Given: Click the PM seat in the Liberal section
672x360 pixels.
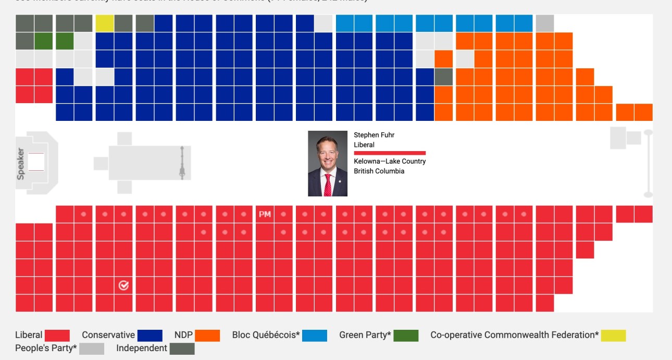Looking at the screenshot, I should pos(265,214).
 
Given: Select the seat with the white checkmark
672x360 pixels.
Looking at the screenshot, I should pos(123,285).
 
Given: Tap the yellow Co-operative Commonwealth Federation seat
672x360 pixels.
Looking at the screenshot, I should pos(104,23).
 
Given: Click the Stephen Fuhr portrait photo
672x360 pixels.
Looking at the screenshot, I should pos(328,164).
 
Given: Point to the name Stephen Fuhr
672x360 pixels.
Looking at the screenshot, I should pos(374,135).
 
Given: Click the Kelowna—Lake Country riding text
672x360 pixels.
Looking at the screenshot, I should pos(390,162).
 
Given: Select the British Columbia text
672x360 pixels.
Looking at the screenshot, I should pos(379,171).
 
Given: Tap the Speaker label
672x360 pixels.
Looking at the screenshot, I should pos(21,164).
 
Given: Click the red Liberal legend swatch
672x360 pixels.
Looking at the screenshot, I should pos(57,336).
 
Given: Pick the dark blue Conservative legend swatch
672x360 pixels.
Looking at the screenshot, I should pos(150,336).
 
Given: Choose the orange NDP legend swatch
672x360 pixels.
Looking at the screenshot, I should pos(207,336).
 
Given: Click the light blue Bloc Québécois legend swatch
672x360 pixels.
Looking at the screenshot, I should pos(315,336).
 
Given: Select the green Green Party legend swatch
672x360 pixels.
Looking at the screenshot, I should pos(406,336).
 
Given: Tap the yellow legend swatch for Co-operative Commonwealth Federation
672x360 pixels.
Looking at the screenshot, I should pos(613,336).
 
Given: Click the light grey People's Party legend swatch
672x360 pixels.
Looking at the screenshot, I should pos(92,349).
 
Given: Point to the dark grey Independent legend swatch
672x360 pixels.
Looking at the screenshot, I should pos(182,349).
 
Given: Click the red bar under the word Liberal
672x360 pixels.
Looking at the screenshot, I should pos(390,153).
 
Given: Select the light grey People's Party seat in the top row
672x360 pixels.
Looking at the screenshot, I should pos(544,23).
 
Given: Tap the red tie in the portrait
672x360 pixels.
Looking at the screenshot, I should pos(328,184).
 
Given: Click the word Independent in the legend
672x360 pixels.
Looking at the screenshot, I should pos(142,348).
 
